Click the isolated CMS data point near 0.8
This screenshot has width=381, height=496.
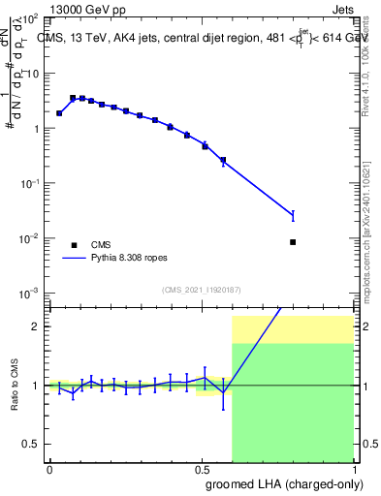tap(293, 242)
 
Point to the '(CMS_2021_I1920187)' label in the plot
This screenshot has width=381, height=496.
tap(202, 290)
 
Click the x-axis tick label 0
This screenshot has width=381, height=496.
tap(49, 469)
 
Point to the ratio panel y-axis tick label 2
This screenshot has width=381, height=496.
tap(35, 326)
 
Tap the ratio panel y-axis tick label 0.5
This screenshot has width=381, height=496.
tap(31, 444)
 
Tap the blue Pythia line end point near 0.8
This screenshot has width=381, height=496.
tap(293, 215)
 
